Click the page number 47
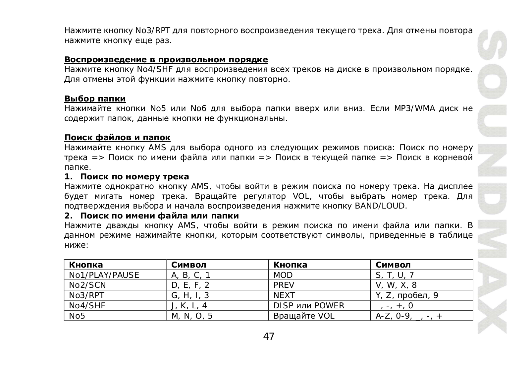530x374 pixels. click(x=269, y=337)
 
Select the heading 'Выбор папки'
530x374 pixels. click(x=95, y=99)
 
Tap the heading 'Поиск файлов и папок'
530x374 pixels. click(x=117, y=138)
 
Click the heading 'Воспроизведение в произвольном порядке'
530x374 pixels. click(x=166, y=60)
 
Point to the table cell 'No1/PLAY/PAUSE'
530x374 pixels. click(x=104, y=275)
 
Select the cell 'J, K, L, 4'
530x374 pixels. click(x=189, y=306)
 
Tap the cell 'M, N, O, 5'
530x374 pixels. click(x=192, y=316)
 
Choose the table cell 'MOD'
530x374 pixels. click(x=283, y=275)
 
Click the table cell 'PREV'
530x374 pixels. click(x=284, y=285)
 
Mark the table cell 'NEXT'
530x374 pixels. click(x=284, y=295)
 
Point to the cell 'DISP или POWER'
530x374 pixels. click(x=309, y=306)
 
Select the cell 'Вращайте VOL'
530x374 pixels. click(x=304, y=316)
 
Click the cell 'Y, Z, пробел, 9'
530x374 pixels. click(x=407, y=295)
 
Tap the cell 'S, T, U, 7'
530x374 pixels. click(x=395, y=275)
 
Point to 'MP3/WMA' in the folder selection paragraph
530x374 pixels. click(x=414, y=109)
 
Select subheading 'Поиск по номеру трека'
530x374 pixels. click(x=134, y=177)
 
